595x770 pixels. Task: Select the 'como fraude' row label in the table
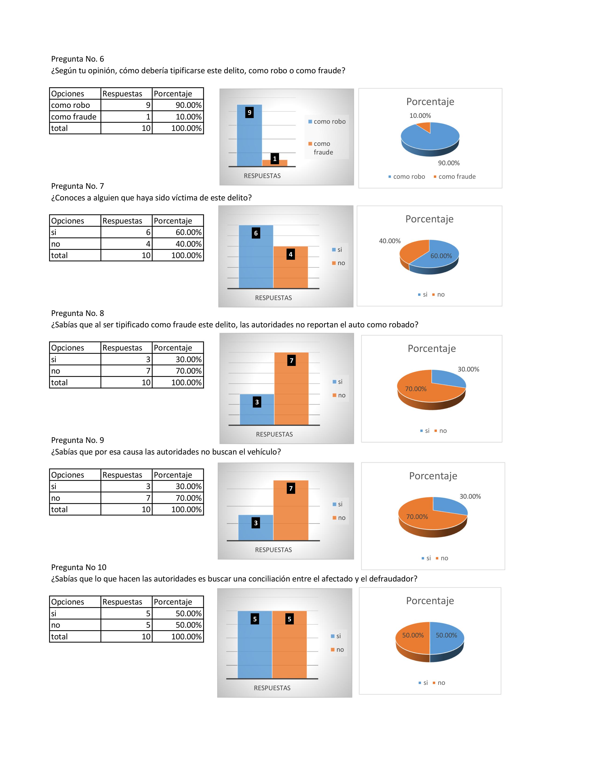[x=74, y=117]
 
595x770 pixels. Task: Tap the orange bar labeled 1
[x=275, y=163]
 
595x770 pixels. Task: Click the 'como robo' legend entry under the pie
[x=409, y=177]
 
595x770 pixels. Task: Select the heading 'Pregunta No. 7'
[x=77, y=186]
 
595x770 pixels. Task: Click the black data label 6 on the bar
[x=256, y=233]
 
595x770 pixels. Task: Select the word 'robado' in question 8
[x=405, y=325]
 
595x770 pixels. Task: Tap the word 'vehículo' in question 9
[x=264, y=452]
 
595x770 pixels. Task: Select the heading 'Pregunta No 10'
[x=79, y=567]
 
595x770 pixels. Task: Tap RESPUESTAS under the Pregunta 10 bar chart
[x=272, y=688]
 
